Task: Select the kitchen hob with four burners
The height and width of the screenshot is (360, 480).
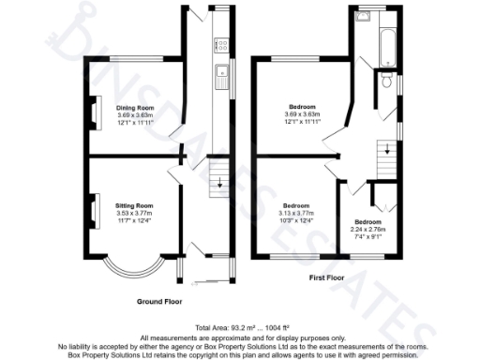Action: (x=222, y=43)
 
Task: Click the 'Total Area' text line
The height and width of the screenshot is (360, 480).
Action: (x=240, y=327)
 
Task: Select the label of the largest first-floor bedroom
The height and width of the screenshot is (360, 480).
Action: (x=302, y=106)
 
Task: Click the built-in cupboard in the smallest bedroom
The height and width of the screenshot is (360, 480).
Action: (x=379, y=197)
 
